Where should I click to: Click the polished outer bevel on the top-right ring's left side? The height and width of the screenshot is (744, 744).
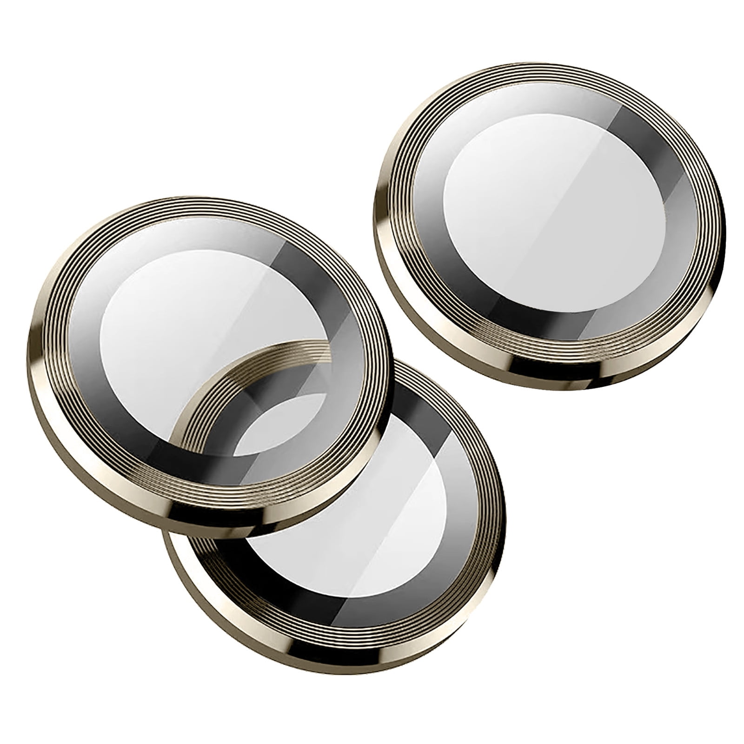[389, 223]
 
